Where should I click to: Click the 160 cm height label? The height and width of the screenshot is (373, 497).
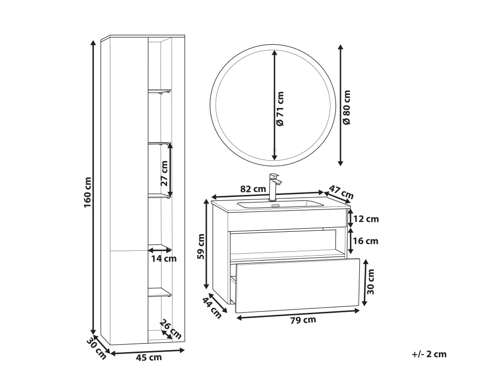coord(88,192)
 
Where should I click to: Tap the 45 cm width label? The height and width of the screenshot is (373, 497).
coord(149,358)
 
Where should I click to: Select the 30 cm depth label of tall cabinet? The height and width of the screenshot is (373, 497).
coord(96,349)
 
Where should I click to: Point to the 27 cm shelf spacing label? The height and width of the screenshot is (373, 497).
coord(164,173)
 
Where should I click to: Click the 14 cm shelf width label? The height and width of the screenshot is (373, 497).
coord(164,259)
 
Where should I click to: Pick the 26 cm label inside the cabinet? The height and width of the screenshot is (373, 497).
coord(170,329)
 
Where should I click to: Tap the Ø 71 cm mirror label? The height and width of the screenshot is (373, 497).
coord(280,108)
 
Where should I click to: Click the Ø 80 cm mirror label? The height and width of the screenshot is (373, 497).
coord(347,107)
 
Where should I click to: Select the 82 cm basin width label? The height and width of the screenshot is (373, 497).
coord(252,189)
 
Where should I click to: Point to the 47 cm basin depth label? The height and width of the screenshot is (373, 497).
coord(341,192)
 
